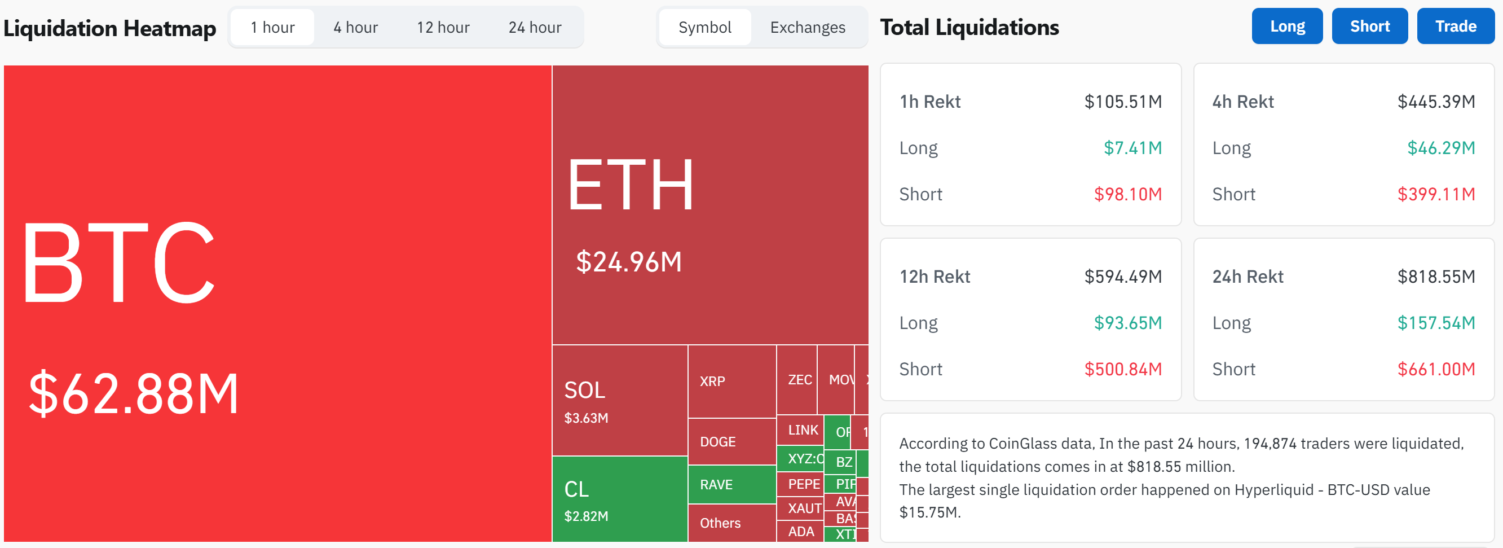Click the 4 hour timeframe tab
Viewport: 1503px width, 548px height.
click(355, 28)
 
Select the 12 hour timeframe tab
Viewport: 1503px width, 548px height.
click(443, 28)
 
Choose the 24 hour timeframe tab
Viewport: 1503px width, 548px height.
click(535, 28)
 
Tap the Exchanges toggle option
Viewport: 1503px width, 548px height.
click(807, 28)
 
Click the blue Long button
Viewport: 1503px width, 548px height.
click(1286, 27)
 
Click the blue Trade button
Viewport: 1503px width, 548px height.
click(1455, 27)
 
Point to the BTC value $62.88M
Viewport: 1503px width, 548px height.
click(134, 394)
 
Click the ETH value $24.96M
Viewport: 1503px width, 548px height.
click(628, 261)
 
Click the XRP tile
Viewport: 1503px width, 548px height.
click(731, 381)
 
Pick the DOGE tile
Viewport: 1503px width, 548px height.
click(731, 442)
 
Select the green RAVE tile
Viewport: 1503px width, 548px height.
click(731, 484)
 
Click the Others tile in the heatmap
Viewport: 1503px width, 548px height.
click(731, 523)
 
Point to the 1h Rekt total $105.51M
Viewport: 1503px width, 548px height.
click(1122, 102)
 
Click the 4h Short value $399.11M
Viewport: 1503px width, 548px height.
click(1435, 194)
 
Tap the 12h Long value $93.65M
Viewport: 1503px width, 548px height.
click(1127, 323)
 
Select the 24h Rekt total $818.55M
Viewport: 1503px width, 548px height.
click(1435, 276)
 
